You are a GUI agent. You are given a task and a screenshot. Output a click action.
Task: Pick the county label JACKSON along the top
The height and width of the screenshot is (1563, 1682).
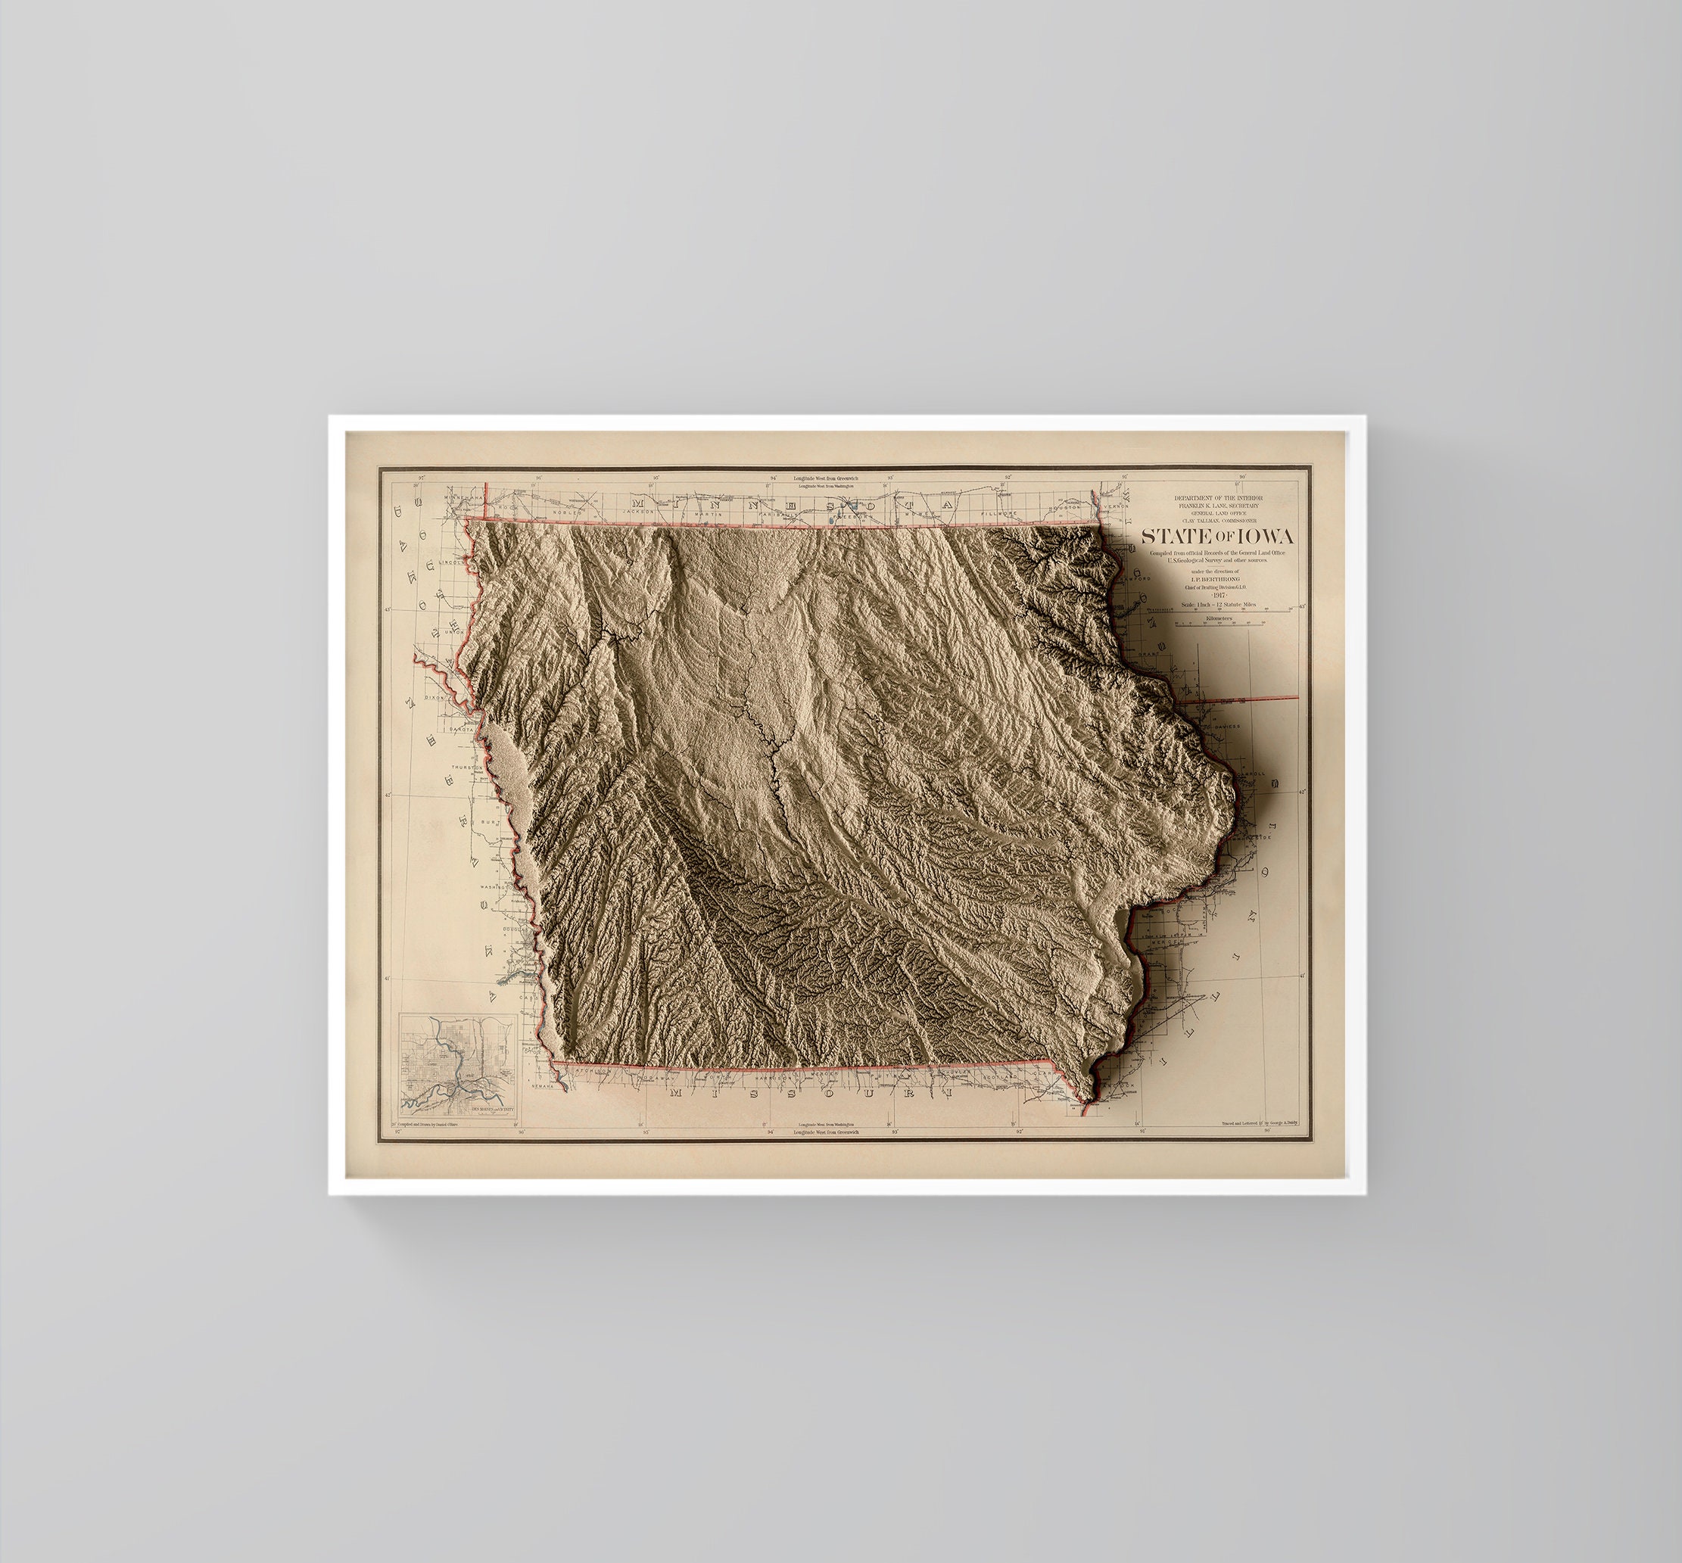click(x=643, y=512)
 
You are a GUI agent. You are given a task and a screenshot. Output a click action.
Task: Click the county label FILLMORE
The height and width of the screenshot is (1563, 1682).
click(x=998, y=512)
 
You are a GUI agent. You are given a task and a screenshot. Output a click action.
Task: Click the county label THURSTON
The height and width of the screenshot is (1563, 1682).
click(x=464, y=767)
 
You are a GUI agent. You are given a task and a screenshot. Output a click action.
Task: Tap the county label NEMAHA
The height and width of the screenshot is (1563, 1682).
click(x=543, y=1085)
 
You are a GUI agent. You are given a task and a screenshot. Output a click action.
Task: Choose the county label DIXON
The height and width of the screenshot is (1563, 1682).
click(x=436, y=698)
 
